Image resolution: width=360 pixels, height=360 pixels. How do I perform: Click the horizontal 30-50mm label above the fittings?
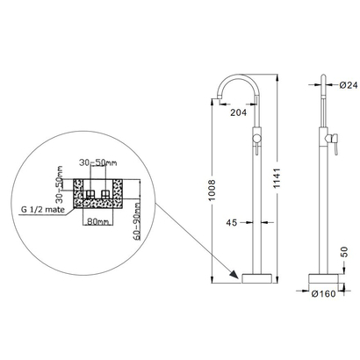95,162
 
